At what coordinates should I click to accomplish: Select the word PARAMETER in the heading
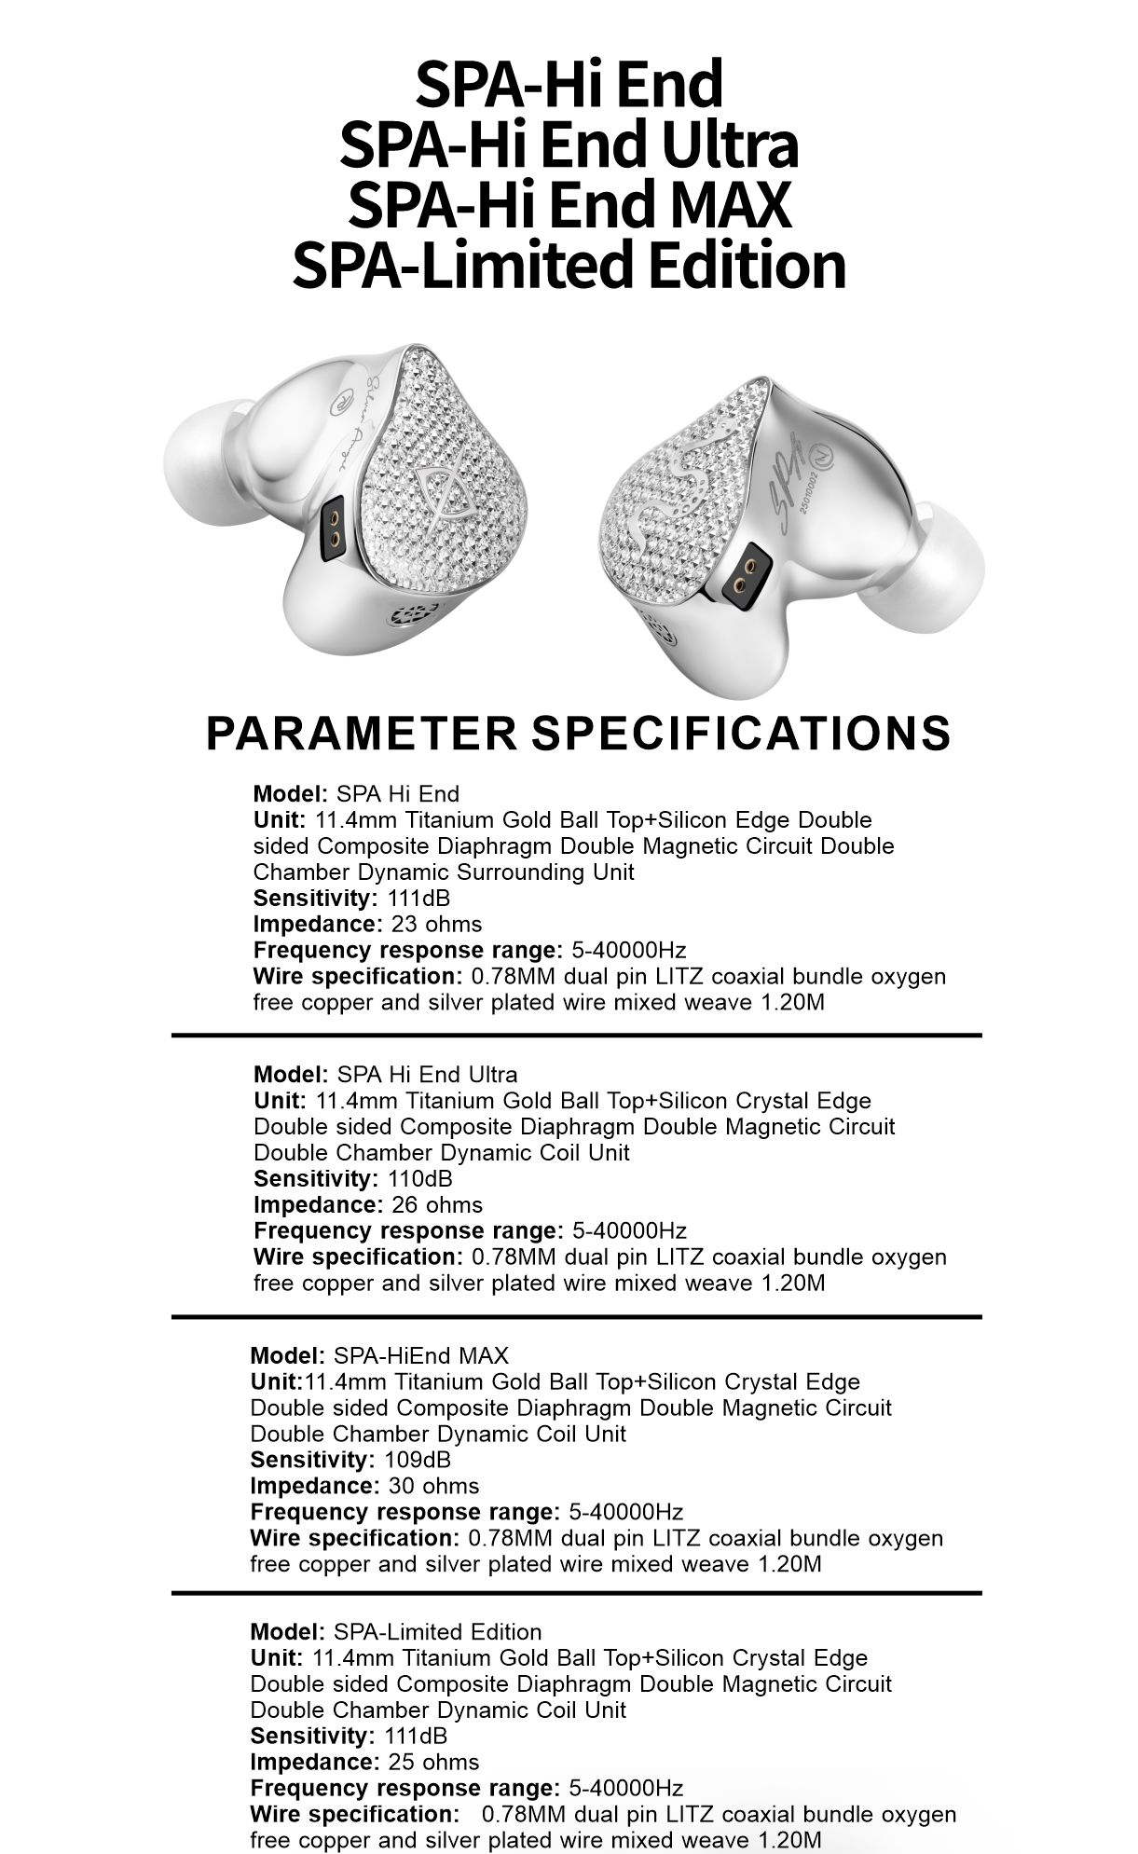[361, 733]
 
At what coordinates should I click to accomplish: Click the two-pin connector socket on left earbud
[333, 529]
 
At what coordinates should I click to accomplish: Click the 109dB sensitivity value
[417, 1460]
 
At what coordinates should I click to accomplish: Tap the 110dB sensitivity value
[419, 1178]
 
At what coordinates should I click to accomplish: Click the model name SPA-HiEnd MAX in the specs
[421, 1355]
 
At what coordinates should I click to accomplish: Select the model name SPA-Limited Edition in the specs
[437, 1632]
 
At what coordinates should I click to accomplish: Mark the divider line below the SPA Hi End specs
[576, 1036]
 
